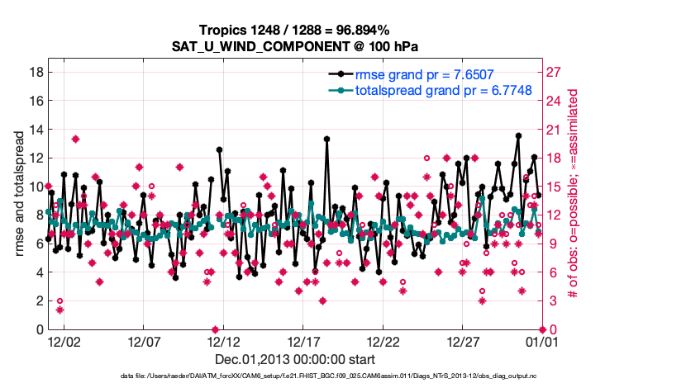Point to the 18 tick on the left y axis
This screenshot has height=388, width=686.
[x=36, y=72]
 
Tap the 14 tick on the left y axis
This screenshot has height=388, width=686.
[x=36, y=129]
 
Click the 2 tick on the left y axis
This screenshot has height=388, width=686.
[x=39, y=300]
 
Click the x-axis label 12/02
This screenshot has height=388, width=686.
[x=64, y=340]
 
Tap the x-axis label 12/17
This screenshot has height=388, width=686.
[x=304, y=340]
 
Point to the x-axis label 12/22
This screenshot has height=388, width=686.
[x=384, y=340]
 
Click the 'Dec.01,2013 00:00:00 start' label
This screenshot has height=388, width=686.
[x=295, y=359]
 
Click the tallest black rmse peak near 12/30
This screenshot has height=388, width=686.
[x=518, y=135]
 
